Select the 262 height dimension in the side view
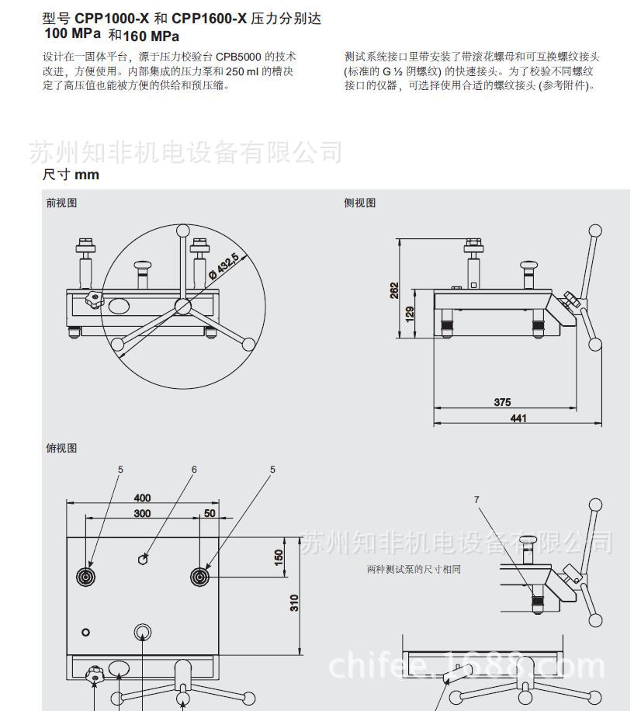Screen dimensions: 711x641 click(x=395, y=289)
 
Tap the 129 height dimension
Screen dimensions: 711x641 click(x=409, y=314)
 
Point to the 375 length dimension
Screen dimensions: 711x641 click(x=502, y=402)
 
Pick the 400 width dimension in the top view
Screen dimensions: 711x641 click(x=142, y=498)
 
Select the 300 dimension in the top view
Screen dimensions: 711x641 click(x=142, y=514)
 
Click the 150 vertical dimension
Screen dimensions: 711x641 click(x=279, y=557)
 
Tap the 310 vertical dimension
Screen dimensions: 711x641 click(x=294, y=602)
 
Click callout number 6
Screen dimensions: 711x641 click(x=194, y=469)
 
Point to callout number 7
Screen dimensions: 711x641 click(x=476, y=499)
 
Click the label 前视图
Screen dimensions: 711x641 click(x=61, y=203)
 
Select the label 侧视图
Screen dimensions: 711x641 click(x=359, y=203)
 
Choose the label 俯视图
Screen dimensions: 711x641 click(x=61, y=448)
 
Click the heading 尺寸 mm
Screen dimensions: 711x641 click(x=71, y=175)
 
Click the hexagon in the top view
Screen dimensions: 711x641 click(x=144, y=558)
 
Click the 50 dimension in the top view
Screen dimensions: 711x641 click(x=209, y=514)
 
